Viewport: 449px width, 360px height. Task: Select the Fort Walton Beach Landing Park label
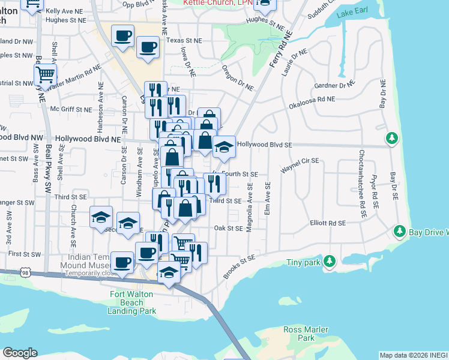(x=132, y=302)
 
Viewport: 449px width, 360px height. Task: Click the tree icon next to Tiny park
(x=329, y=261)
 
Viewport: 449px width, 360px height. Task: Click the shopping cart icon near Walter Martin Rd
(x=45, y=74)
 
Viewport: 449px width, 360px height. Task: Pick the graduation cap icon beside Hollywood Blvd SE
(x=223, y=147)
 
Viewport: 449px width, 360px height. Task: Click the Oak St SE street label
(x=228, y=228)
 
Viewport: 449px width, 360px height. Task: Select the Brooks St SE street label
(x=240, y=265)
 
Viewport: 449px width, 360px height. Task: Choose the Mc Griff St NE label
(x=71, y=109)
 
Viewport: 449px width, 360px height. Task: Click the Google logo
(x=20, y=353)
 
